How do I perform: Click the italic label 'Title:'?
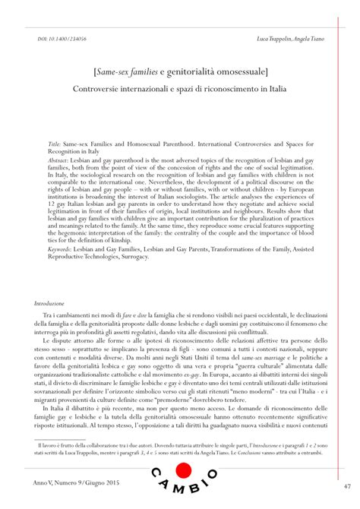click(55, 142)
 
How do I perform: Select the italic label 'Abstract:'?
click(61, 161)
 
